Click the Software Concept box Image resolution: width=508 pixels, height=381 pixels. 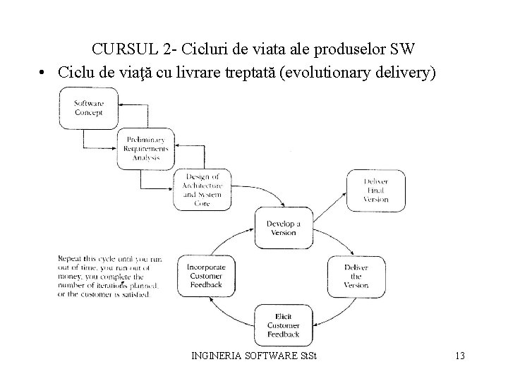click(x=89, y=107)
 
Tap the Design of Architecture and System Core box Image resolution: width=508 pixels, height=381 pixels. click(x=202, y=189)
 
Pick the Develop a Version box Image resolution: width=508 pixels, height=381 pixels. click(x=283, y=228)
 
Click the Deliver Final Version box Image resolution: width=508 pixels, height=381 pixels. click(x=376, y=190)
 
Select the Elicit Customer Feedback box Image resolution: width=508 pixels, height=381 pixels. click(x=284, y=325)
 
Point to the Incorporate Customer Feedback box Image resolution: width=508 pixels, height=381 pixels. click(x=206, y=276)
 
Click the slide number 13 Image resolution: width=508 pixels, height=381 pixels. click(x=460, y=356)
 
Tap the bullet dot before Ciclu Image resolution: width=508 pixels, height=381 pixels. click(x=43, y=73)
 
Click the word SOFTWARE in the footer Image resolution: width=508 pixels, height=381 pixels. click(x=274, y=356)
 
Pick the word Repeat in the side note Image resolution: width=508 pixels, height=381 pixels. click(x=71, y=259)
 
